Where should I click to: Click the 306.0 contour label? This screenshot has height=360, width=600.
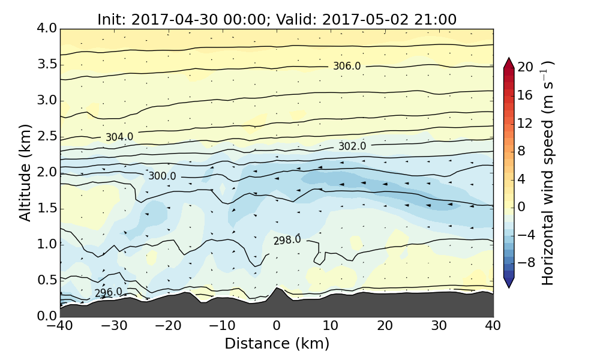(x=347, y=66)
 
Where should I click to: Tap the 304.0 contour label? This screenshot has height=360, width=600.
(x=119, y=137)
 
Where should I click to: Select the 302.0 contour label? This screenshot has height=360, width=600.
(x=352, y=146)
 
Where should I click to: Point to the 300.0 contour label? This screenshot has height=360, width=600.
(x=163, y=176)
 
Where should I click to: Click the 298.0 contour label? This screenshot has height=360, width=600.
(x=287, y=240)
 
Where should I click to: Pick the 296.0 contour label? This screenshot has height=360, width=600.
(x=109, y=292)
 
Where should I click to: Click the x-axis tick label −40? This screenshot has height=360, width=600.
(x=60, y=327)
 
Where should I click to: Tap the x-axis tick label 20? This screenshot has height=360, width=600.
(x=385, y=327)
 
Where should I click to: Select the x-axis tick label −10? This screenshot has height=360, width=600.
(x=222, y=327)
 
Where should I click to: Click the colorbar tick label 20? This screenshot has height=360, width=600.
(x=526, y=67)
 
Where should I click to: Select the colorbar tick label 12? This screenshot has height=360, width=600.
(x=526, y=123)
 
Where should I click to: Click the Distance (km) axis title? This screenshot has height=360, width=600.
(x=277, y=344)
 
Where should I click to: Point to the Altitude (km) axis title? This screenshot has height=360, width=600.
(x=25, y=172)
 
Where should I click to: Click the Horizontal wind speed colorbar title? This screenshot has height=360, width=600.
(x=548, y=172)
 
